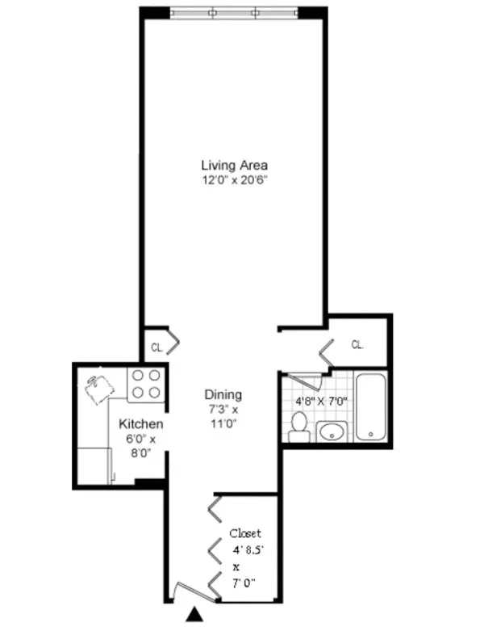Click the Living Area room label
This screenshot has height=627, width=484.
click(234, 165)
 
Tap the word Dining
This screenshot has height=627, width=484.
click(222, 395)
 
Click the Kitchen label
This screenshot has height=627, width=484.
click(141, 424)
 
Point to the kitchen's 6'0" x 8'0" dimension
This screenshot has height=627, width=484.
click(141, 446)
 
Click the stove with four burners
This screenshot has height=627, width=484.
click(145, 384)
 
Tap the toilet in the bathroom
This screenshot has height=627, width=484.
click(299, 427)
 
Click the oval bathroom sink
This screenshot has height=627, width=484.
click(332, 431)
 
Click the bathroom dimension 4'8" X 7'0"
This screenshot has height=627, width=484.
click(318, 399)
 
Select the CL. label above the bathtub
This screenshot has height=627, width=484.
click(357, 344)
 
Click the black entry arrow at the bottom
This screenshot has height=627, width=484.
click(193, 616)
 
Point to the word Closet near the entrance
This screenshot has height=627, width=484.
click(244, 533)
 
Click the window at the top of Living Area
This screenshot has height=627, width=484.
click(234, 13)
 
